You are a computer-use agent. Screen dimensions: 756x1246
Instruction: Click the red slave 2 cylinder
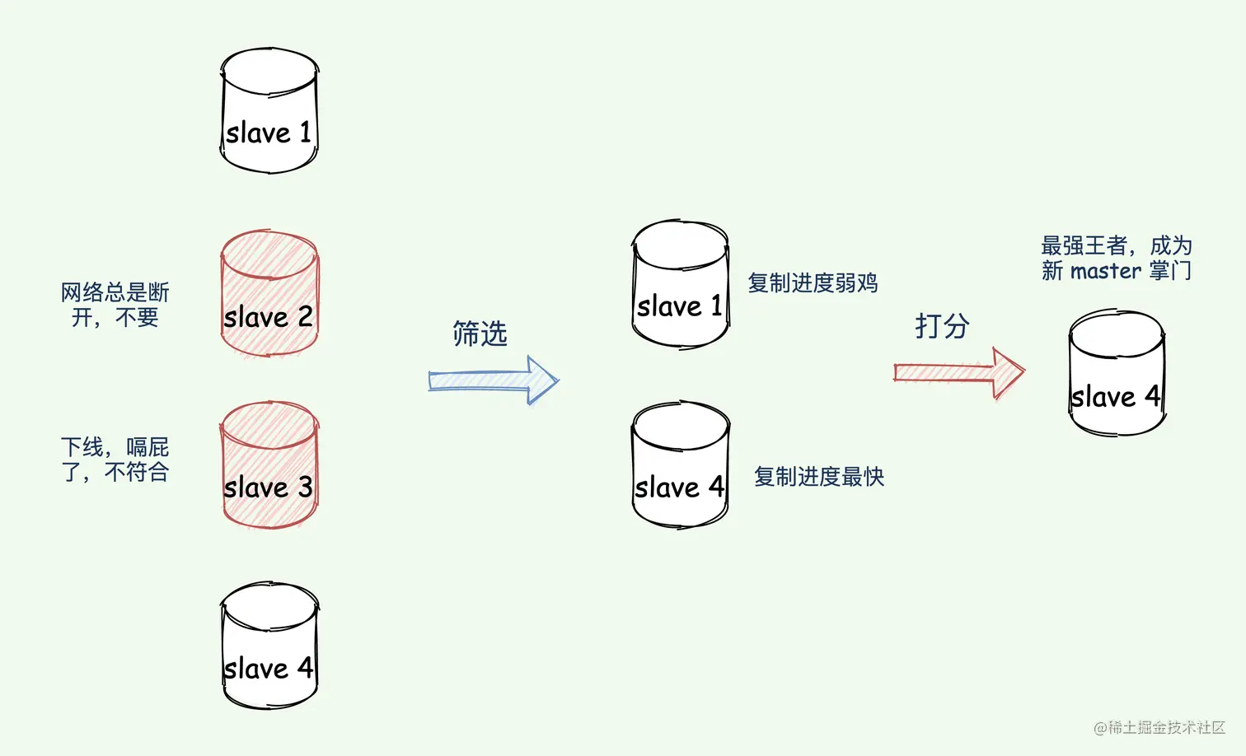(x=269, y=294)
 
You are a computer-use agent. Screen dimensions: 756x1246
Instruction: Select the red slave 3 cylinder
(x=269, y=465)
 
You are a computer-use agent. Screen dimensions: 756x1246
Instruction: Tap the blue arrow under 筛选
(x=494, y=380)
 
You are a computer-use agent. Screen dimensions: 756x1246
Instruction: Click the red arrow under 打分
(x=959, y=373)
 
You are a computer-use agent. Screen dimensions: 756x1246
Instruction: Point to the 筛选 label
(x=480, y=334)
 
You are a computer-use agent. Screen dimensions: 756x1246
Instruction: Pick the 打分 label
(x=942, y=326)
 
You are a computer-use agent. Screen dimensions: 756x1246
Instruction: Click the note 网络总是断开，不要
(x=115, y=305)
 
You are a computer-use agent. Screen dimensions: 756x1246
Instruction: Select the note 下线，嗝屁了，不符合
(x=115, y=460)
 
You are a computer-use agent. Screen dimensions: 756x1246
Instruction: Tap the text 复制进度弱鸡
(x=813, y=283)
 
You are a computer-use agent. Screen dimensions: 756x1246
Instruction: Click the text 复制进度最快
(x=818, y=477)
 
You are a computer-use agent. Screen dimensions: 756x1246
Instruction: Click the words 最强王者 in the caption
(x=1083, y=245)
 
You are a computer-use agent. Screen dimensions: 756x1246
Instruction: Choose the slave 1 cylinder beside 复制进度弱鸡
(x=681, y=284)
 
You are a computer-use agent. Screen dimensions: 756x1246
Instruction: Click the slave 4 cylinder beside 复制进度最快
(x=681, y=465)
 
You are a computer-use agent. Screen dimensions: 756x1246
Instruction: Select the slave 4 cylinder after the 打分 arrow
(x=1117, y=373)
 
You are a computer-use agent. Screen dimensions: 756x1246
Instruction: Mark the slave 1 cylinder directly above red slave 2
(x=269, y=111)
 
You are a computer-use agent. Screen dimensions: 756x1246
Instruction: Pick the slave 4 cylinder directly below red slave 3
(x=269, y=646)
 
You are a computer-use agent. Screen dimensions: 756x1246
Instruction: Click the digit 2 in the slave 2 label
(x=305, y=317)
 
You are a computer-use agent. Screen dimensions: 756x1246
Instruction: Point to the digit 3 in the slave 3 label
(x=305, y=487)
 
